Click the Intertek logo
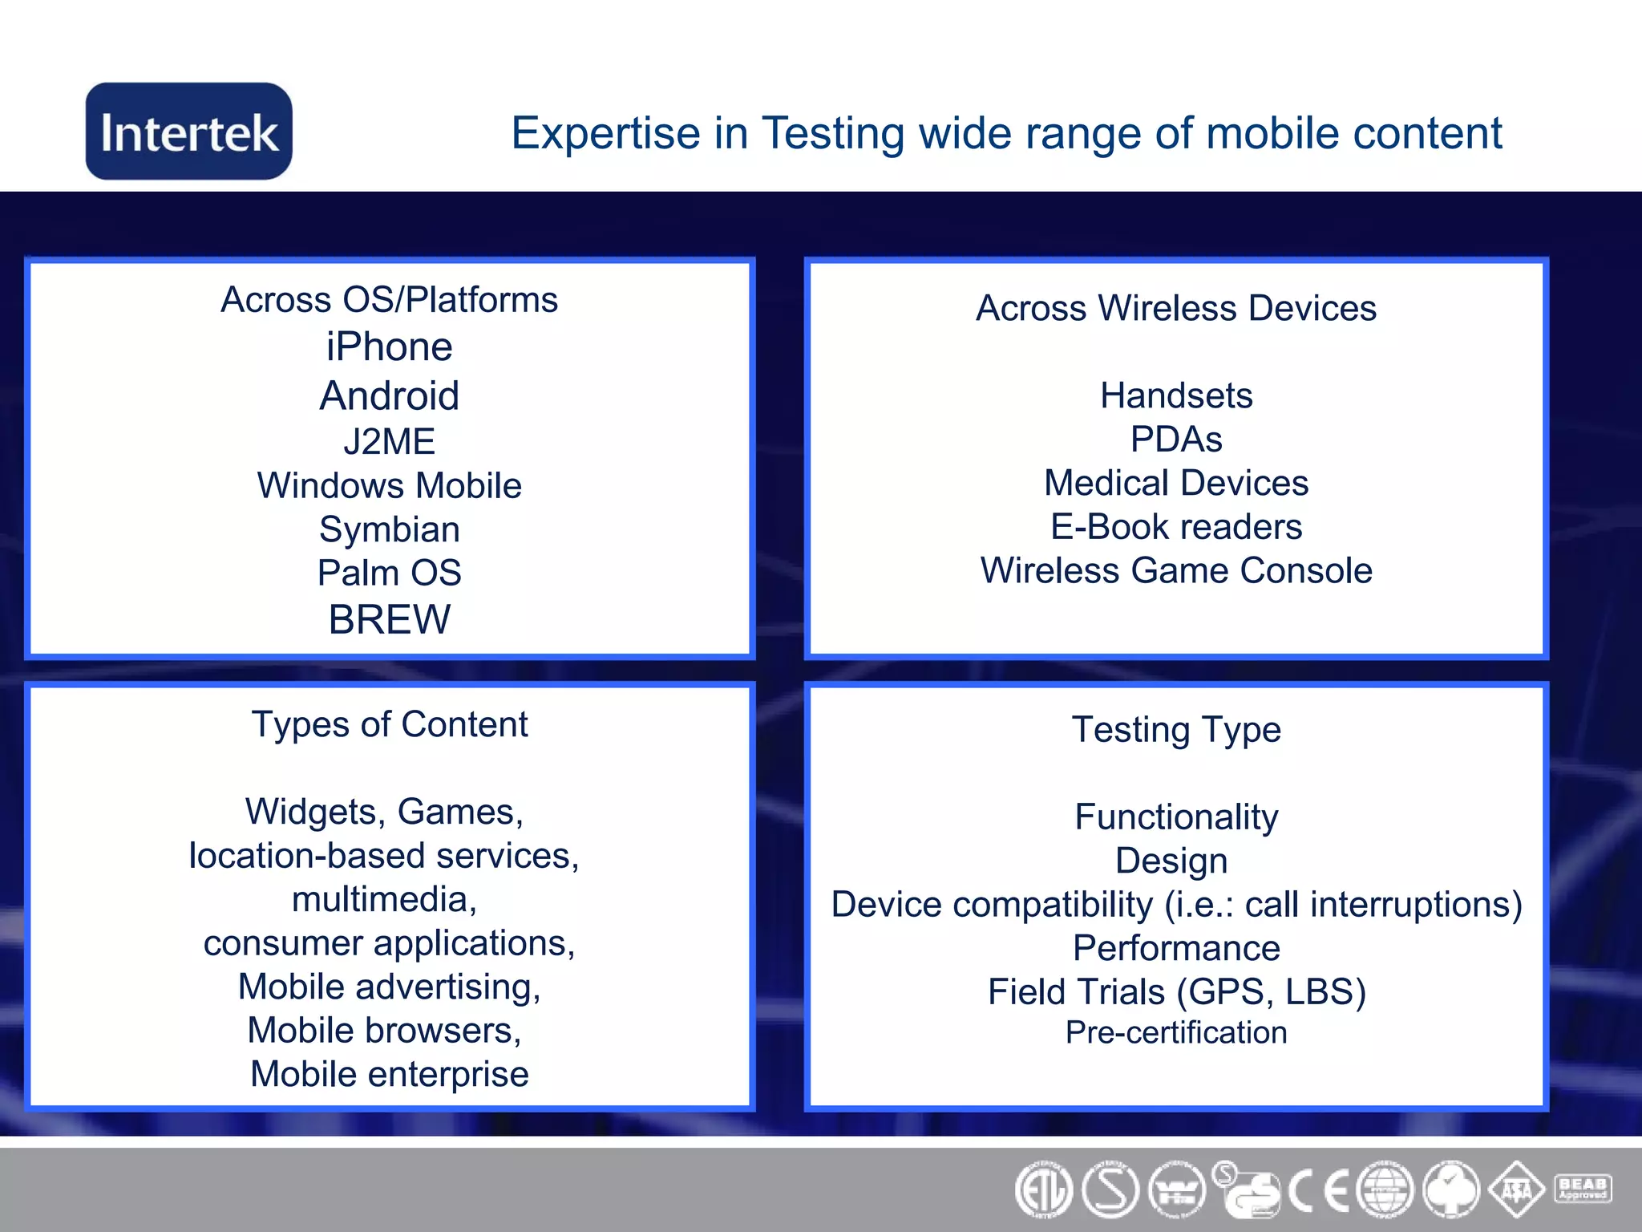(x=189, y=132)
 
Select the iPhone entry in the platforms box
(x=390, y=347)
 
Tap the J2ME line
(x=390, y=441)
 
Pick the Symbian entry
(x=390, y=529)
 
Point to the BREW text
(x=390, y=619)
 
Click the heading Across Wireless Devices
(x=1175, y=308)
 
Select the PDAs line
(x=1175, y=440)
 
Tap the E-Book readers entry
(x=1175, y=527)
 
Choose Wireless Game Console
(x=1175, y=571)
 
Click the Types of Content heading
(x=390, y=724)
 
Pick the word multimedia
(x=384, y=899)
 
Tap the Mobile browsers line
(x=384, y=1030)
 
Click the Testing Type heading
(x=1175, y=730)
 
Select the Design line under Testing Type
(x=1171, y=861)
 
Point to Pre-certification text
(x=1175, y=1032)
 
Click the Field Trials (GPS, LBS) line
(x=1175, y=992)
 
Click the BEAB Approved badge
(x=1582, y=1188)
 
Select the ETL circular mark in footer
(x=1043, y=1190)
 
